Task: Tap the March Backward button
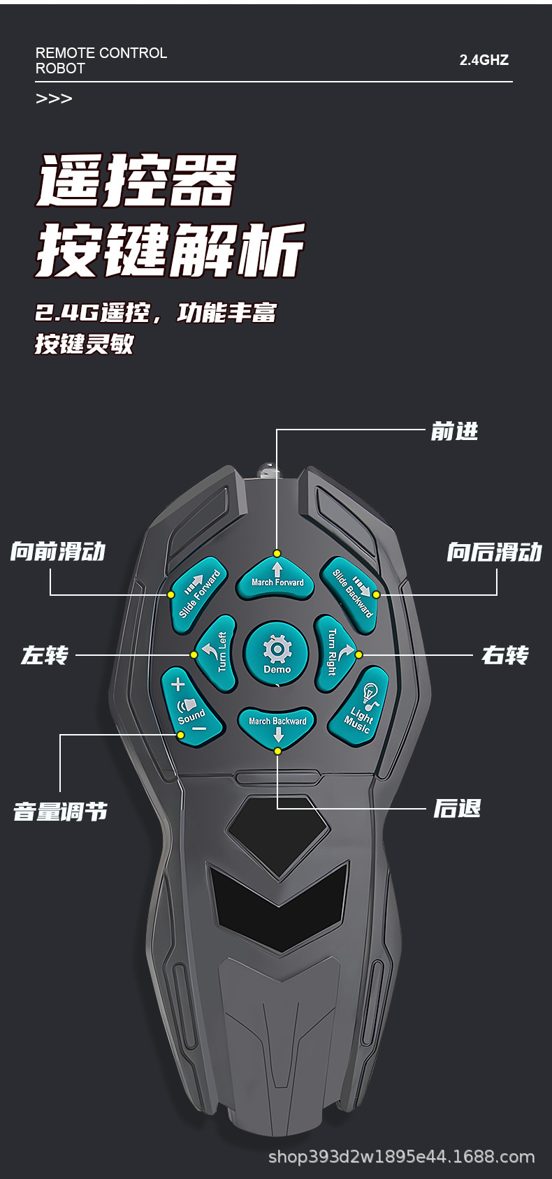(x=277, y=726)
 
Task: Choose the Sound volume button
(x=190, y=707)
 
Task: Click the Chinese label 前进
(x=454, y=432)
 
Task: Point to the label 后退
(x=457, y=809)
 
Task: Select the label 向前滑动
(x=58, y=552)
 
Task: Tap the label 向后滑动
(x=494, y=552)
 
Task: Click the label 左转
(x=45, y=656)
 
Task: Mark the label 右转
(x=504, y=656)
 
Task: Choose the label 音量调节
(x=61, y=812)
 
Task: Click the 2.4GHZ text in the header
(x=484, y=61)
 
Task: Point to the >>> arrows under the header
(x=54, y=98)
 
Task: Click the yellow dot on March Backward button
(x=277, y=751)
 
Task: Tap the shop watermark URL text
(x=402, y=1157)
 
